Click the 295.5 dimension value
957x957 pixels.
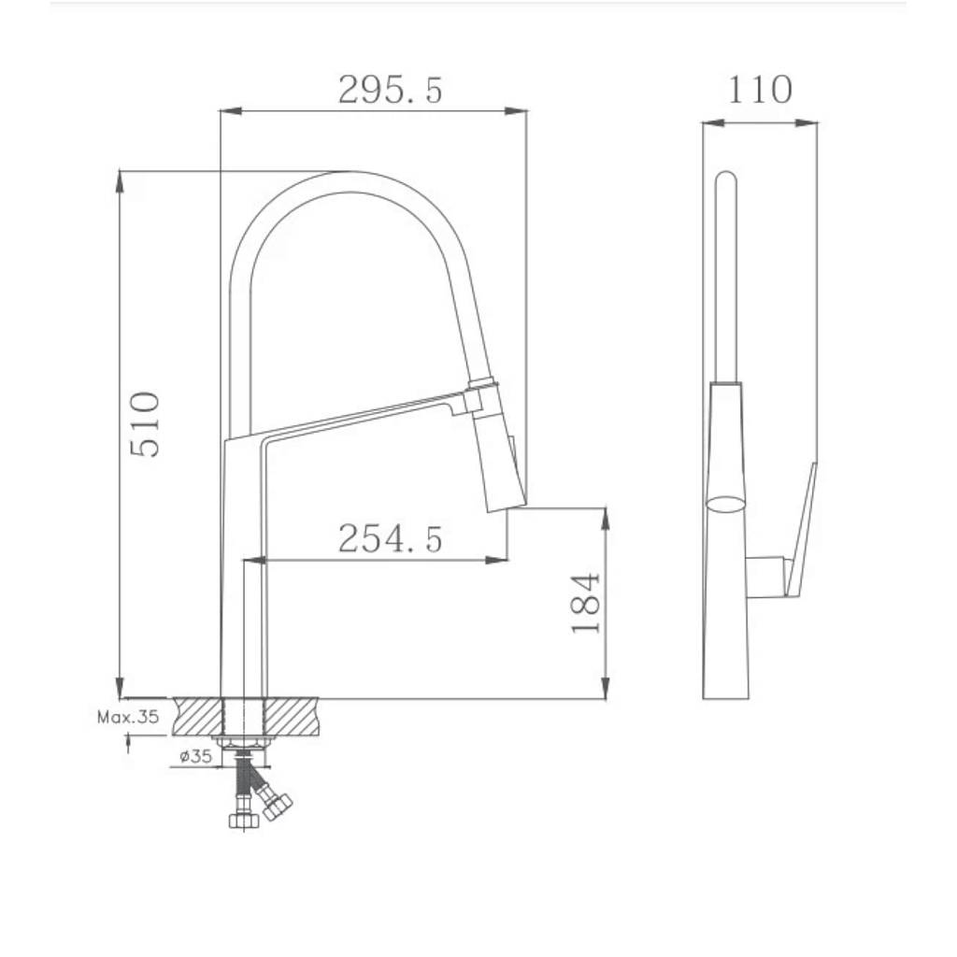tap(390, 91)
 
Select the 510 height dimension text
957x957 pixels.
tap(145, 425)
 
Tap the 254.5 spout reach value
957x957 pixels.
tap(390, 539)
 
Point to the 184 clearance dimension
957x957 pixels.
tap(586, 603)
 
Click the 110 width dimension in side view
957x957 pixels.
tap(760, 90)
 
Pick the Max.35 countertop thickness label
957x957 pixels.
tap(128, 717)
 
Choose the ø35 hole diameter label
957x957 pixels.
tap(196, 757)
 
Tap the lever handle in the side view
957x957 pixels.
tap(801, 531)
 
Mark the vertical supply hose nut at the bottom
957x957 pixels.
tap(244, 821)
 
